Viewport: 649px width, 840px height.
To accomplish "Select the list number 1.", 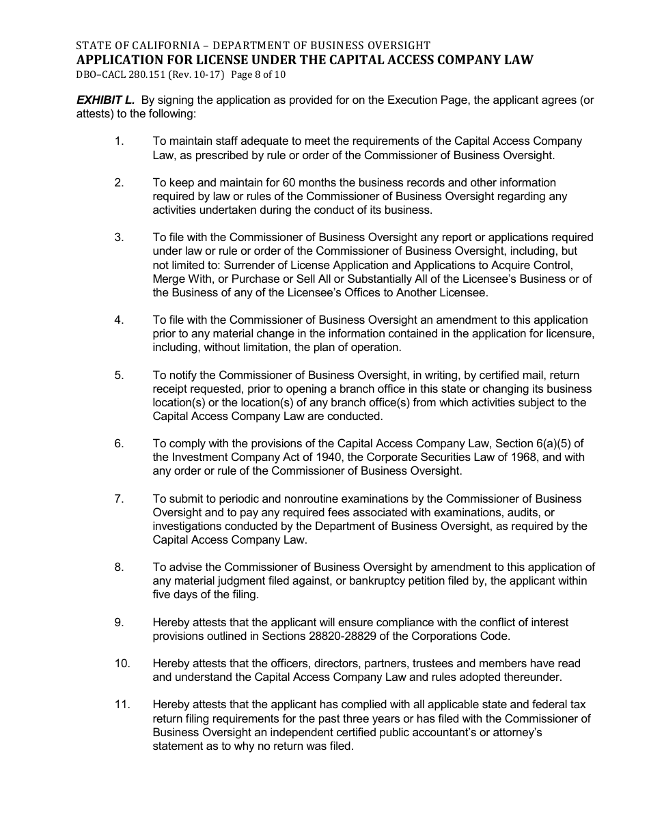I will (x=119, y=141).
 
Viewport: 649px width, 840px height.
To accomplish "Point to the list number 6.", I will (x=119, y=443).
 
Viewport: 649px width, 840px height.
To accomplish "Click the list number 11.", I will (x=122, y=704).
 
